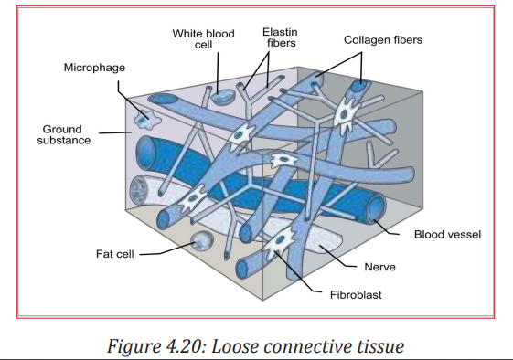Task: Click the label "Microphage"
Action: [94, 68]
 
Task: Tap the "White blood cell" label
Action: [204, 39]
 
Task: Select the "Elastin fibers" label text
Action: [281, 37]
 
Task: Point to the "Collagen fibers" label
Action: [383, 40]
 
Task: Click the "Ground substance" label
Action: [63, 134]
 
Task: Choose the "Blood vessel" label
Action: [447, 235]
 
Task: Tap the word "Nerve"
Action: [379, 267]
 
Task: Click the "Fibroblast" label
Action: [356, 295]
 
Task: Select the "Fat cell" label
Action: [115, 254]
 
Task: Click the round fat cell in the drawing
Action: [202, 241]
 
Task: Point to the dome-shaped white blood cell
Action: [222, 97]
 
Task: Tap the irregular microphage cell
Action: [147, 119]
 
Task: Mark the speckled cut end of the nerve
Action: [139, 191]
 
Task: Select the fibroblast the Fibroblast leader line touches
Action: [280, 243]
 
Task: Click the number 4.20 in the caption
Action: [185, 346]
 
